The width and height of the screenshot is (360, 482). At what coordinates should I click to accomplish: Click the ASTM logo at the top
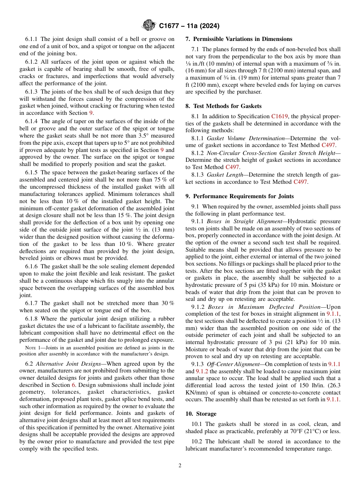[149, 26]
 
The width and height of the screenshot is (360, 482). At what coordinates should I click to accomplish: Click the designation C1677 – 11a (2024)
[189, 26]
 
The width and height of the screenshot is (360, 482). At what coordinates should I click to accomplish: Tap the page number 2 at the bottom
[180, 466]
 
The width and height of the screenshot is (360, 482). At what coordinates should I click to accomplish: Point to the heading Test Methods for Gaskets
[227, 106]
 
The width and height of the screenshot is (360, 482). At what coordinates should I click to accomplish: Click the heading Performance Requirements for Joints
[242, 196]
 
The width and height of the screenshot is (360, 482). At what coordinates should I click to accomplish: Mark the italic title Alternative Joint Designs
[68, 364]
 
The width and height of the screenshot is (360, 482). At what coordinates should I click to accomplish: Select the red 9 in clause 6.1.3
[91, 113]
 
